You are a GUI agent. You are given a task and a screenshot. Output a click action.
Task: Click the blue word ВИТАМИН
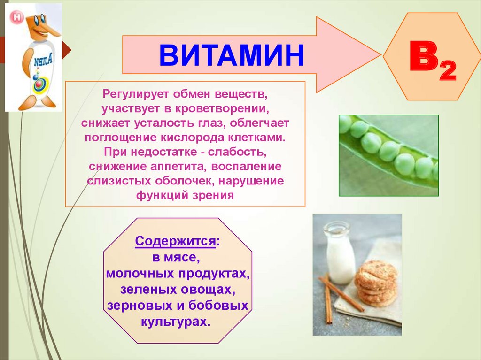232,55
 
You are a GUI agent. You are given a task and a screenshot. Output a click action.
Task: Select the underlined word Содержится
176,241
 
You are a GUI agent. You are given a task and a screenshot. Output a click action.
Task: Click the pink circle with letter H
16,17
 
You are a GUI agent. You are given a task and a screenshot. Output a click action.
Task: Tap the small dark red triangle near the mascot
67,50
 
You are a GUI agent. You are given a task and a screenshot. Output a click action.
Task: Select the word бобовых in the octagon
218,306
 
